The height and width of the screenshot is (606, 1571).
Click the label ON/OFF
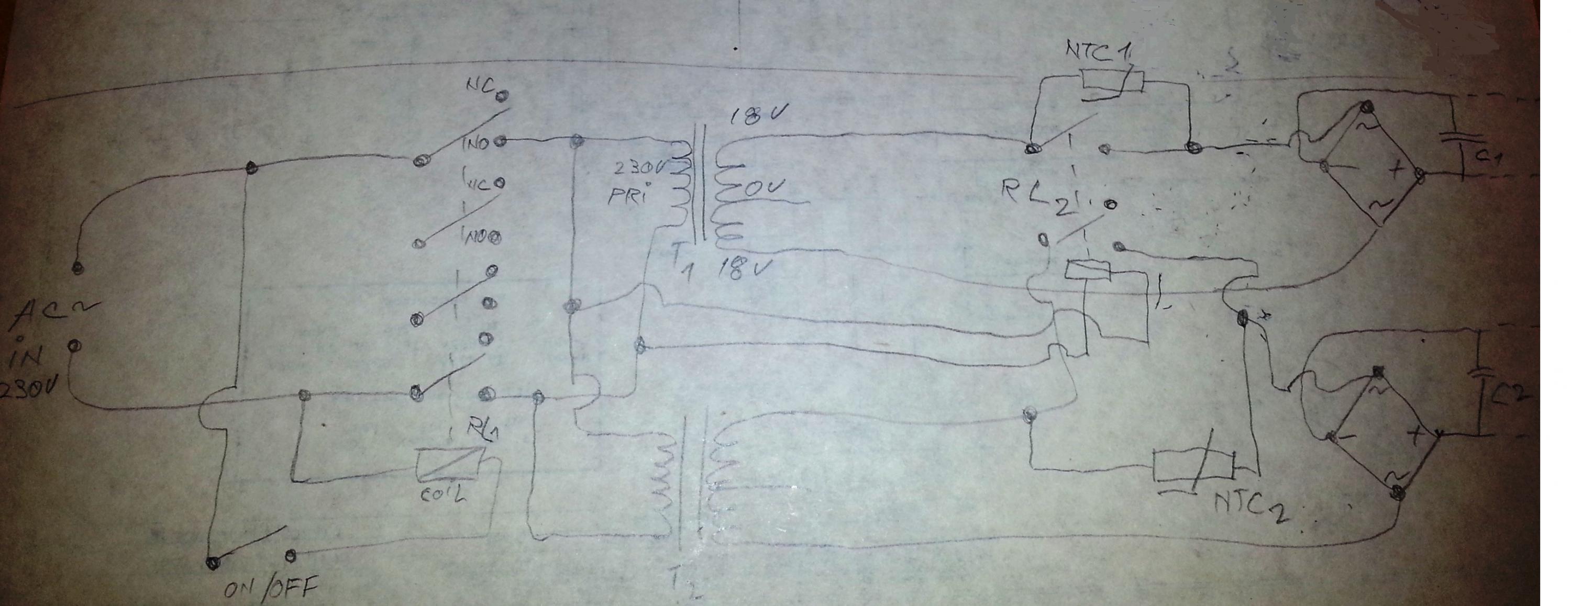pos(271,589)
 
